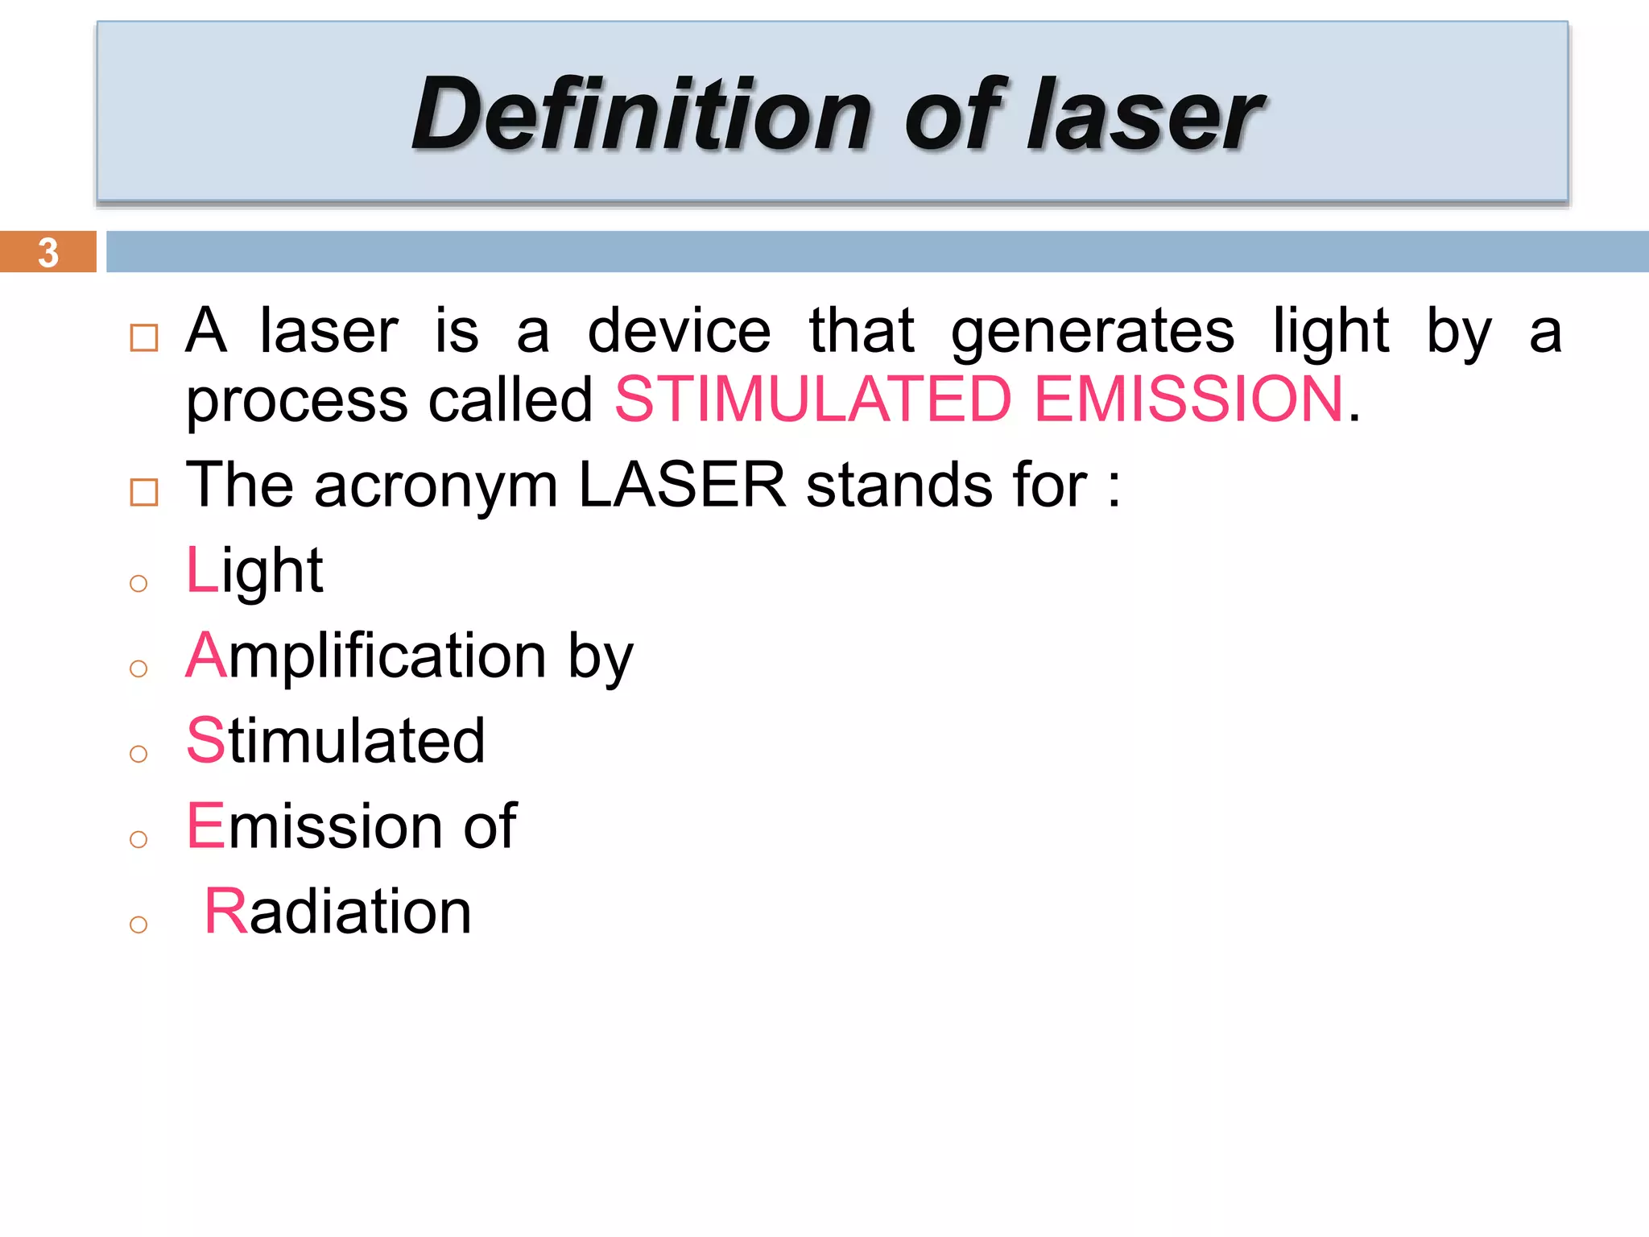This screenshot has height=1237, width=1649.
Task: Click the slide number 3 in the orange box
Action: pos(48,252)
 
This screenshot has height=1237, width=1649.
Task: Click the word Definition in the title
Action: pos(641,114)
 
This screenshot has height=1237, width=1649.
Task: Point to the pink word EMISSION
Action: pos(1189,399)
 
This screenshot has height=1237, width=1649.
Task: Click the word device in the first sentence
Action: pos(679,331)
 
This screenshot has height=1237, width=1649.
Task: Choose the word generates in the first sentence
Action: pos(1093,331)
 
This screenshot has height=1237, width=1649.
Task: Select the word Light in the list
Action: pos(254,570)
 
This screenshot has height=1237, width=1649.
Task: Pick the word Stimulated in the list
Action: pos(335,741)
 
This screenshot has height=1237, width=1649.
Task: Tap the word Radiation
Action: pos(338,912)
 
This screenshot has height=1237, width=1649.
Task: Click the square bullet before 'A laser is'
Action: pos(144,337)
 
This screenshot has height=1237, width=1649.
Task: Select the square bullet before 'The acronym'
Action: pos(144,492)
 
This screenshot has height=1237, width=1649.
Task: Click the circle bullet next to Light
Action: pos(138,583)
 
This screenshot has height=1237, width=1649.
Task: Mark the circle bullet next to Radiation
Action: pos(138,925)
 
